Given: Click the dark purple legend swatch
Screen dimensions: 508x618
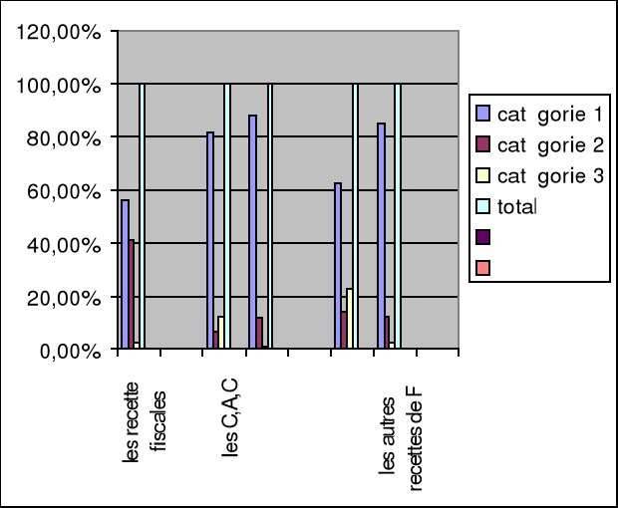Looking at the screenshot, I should point(483,237).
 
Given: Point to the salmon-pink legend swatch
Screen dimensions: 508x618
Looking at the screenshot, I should point(483,267).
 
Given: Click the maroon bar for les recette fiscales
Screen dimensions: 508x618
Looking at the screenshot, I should point(132,294).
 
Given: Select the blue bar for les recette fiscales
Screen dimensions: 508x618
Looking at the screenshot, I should point(125,274).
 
